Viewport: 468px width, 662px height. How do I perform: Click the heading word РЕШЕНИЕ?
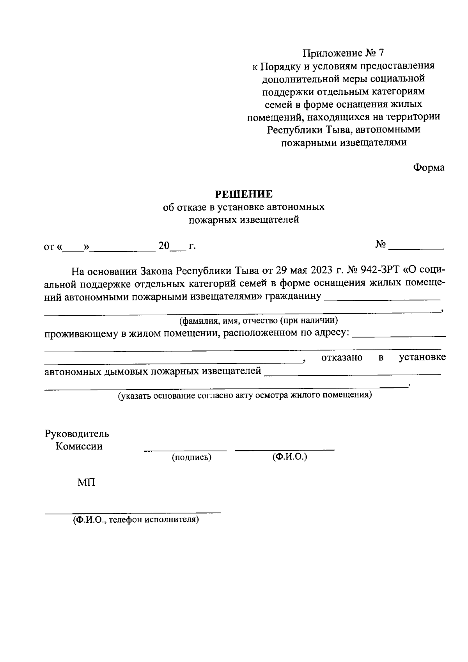click(245, 194)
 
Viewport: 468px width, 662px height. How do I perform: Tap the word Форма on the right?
click(429, 168)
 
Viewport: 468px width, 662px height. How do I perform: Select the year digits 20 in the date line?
click(164, 246)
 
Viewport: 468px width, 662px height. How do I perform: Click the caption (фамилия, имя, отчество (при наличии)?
click(258, 321)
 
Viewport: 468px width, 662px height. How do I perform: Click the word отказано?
click(342, 358)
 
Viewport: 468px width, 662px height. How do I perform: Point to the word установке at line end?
click(422, 358)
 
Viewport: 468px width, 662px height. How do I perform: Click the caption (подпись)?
click(191, 458)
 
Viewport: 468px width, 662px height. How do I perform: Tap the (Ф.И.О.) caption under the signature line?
click(290, 457)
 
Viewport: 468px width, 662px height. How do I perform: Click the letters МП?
click(86, 483)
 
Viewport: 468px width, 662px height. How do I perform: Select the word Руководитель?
click(77, 434)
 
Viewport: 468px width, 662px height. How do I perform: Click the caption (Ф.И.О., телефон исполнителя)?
click(136, 520)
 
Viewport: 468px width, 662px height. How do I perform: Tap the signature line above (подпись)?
click(185, 451)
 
